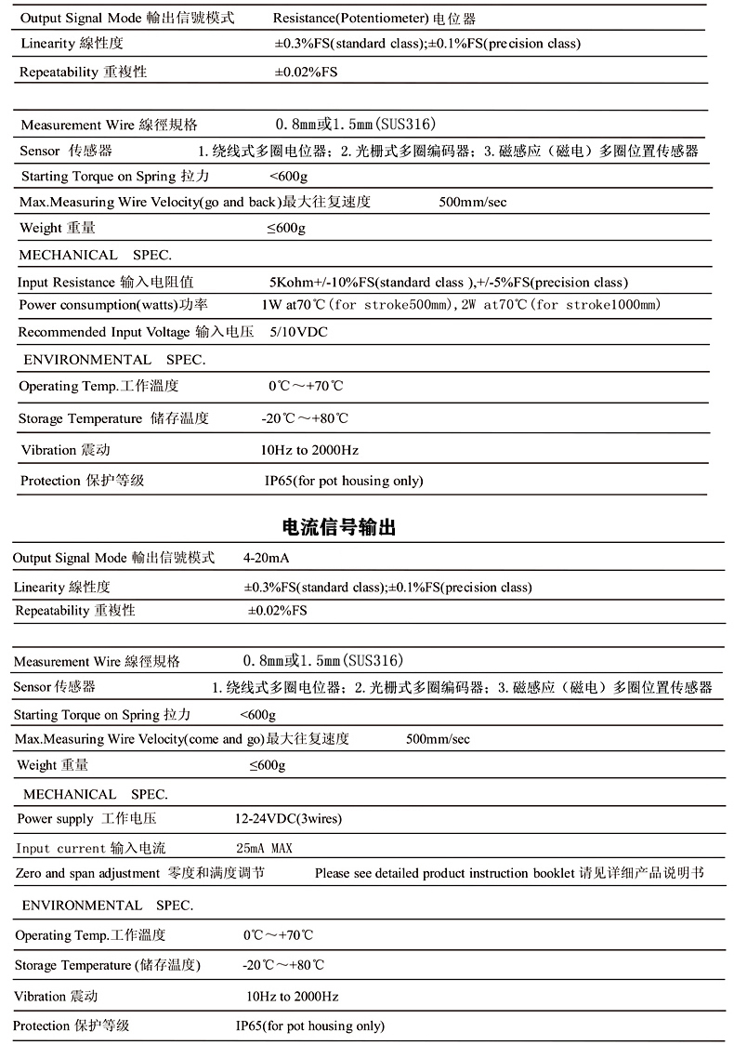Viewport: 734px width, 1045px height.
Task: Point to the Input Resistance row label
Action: pos(106,282)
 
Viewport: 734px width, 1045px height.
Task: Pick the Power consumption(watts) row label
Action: pos(113,305)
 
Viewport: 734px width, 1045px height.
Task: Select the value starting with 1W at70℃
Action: pos(461,305)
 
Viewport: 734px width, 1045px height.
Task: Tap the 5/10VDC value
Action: pos(298,332)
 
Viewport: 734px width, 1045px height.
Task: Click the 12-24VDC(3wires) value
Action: pos(288,819)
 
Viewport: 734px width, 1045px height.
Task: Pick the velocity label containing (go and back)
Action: pos(195,202)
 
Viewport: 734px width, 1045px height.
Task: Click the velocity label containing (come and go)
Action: pos(182,738)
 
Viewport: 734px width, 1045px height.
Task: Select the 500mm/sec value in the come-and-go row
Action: pos(439,738)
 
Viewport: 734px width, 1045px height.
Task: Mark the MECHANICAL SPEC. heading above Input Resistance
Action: pos(95,255)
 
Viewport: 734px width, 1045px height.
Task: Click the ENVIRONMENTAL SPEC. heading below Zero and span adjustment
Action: pos(107,905)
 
